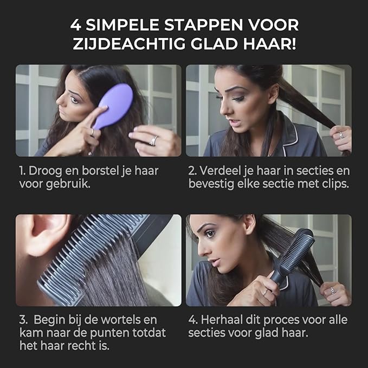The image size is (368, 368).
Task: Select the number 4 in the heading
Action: [77, 25]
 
